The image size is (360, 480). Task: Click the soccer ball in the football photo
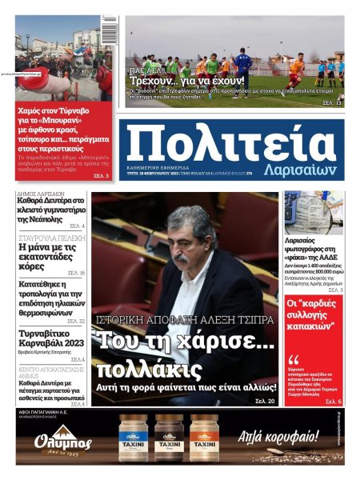point(341,98)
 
